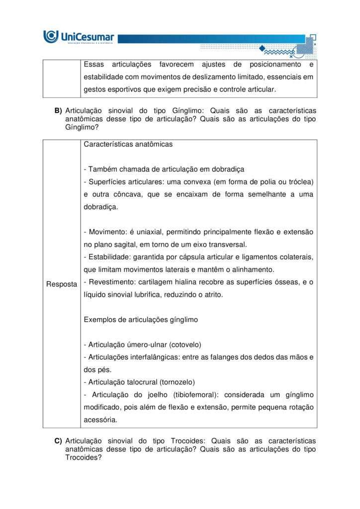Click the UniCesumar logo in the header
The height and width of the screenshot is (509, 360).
click(79, 37)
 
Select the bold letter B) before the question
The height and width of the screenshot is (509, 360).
click(58, 110)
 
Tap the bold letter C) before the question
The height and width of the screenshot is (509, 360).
click(58, 441)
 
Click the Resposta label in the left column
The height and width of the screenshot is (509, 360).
click(62, 284)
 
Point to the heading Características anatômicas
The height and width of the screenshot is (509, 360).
click(128, 144)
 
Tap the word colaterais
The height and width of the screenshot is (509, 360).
click(296, 257)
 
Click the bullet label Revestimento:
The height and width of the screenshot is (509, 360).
click(109, 282)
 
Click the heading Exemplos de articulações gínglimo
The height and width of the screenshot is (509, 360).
click(141, 320)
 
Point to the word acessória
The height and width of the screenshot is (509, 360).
click(100, 420)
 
